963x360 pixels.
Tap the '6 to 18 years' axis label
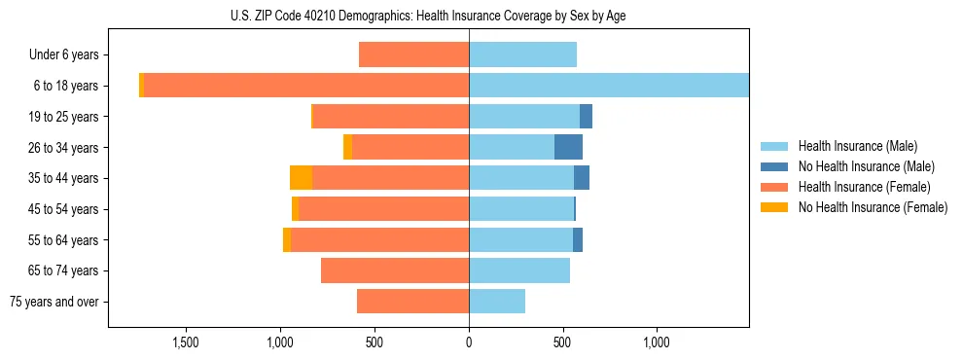coord(65,86)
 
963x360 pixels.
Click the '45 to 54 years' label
coord(63,209)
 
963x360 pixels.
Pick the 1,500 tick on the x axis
coord(186,342)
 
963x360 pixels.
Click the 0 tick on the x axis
coord(469,342)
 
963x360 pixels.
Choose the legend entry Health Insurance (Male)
coord(857,146)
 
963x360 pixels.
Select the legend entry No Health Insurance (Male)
coord(866,166)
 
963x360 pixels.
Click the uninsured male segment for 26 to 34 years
coord(568,147)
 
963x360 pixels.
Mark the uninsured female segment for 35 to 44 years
coord(301,178)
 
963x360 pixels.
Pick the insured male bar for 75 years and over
coord(497,302)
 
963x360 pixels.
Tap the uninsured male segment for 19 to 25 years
coord(586,117)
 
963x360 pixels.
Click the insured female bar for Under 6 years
coord(413,54)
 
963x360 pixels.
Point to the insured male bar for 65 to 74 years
coord(519,270)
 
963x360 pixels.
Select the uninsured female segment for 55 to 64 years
coord(287,239)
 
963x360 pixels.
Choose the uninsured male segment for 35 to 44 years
coord(582,178)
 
